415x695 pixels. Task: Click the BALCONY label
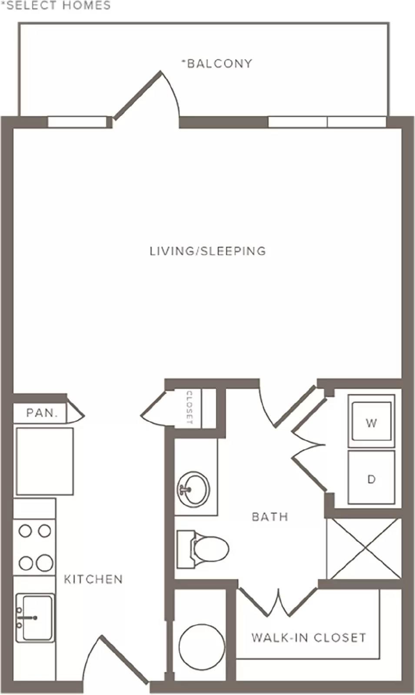[217, 63]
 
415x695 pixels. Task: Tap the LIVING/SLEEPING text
[208, 251]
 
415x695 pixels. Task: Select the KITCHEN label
[93, 579]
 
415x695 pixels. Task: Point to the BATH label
[270, 517]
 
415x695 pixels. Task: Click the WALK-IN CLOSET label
[309, 638]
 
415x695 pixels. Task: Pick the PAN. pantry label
[42, 413]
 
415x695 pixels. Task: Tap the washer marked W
[371, 421]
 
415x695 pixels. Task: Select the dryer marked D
[371, 477]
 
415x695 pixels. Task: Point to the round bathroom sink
[193, 490]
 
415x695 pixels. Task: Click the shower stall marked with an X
[364, 549]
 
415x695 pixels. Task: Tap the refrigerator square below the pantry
[45, 461]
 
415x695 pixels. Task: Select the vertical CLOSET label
[189, 407]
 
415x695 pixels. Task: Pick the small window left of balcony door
[77, 122]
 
